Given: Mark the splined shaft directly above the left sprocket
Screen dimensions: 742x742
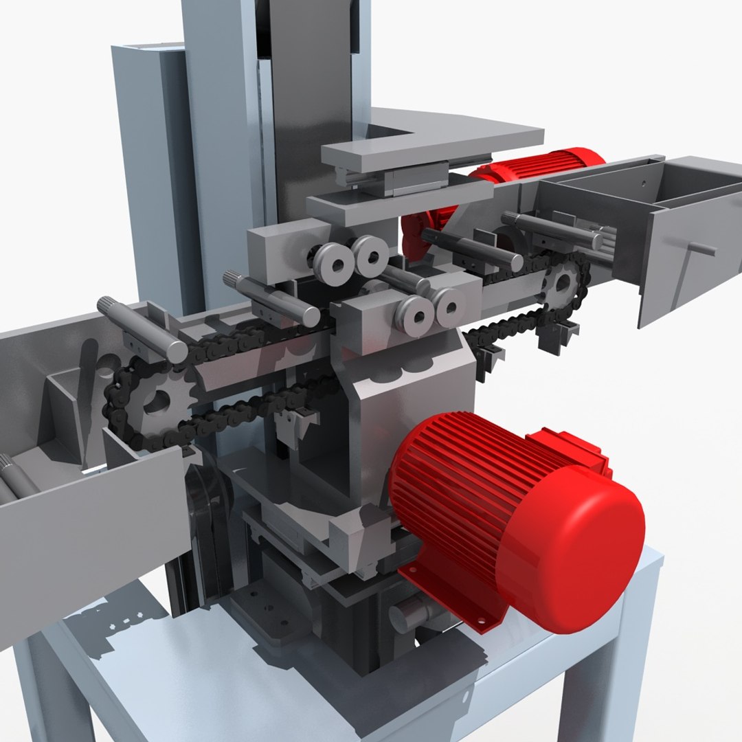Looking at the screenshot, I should (x=141, y=330).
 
